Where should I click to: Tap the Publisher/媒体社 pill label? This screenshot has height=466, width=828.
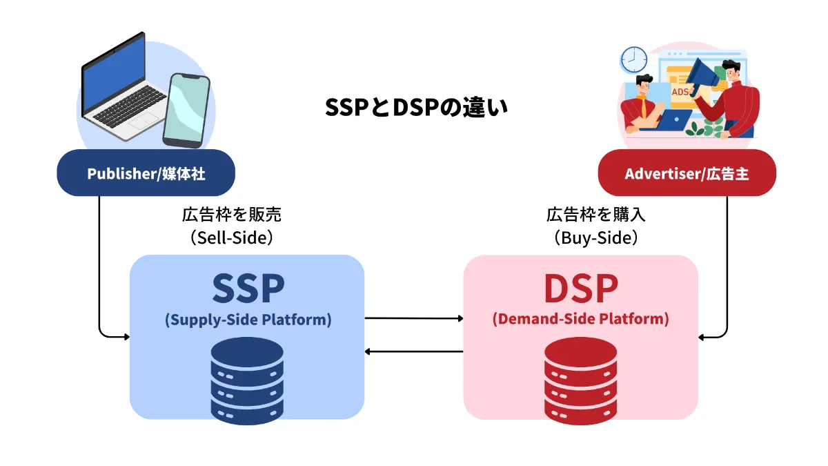[x=146, y=173]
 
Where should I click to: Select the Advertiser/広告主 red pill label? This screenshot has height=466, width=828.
[x=687, y=173]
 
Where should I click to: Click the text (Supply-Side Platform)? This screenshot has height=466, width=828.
[x=248, y=320]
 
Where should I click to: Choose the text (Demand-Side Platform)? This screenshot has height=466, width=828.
[x=580, y=320]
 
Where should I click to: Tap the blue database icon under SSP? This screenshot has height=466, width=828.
[x=247, y=380]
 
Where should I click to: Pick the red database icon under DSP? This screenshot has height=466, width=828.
[x=580, y=380]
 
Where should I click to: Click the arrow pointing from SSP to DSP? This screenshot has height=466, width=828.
[x=414, y=318]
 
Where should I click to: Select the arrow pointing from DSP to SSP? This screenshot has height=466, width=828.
[x=414, y=352]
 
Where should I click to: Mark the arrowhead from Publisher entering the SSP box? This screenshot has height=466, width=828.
[x=126, y=337]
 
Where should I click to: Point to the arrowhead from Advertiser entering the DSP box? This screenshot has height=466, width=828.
[x=702, y=337]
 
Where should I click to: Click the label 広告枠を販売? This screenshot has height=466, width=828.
[x=231, y=215]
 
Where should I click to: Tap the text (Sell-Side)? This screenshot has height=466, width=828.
[x=231, y=237]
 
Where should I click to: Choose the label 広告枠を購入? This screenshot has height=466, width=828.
[x=595, y=215]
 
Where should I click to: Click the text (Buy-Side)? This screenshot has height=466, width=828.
[x=595, y=237]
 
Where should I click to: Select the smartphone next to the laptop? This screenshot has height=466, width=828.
[x=186, y=110]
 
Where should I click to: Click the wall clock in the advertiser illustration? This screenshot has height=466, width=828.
[x=631, y=60]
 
